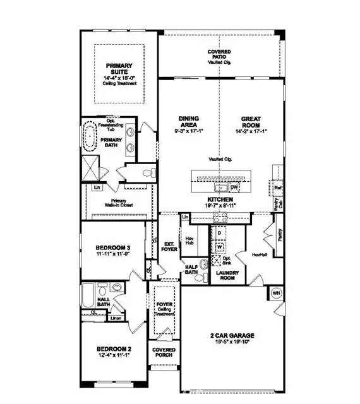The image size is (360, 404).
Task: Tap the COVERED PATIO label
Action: [219, 54]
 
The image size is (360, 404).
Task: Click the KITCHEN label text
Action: [219, 199]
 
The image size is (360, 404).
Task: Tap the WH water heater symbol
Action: [276, 293]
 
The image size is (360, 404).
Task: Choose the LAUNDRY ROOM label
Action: [225, 275]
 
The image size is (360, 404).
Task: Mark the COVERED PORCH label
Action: [164, 353]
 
